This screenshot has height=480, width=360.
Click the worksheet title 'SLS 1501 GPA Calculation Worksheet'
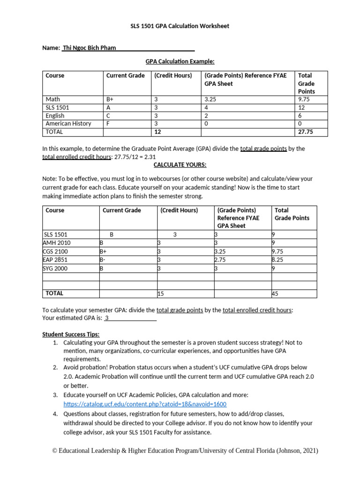click(180, 26)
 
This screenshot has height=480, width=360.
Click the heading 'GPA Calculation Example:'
click(180, 61)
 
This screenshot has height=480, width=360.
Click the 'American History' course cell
click(68, 124)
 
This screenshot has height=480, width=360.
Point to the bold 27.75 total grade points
click(305, 132)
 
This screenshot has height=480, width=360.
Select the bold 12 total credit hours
click(157, 132)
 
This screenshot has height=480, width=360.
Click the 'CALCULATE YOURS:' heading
click(180, 165)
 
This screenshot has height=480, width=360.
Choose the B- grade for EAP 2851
click(103, 260)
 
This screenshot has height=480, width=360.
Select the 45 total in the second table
click(275, 293)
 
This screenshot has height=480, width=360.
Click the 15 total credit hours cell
click(160, 293)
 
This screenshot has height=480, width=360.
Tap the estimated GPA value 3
click(107, 318)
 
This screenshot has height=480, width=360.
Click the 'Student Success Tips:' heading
click(71, 334)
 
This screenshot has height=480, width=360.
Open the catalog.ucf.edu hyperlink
click(145, 404)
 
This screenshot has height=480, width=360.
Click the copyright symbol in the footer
click(54, 451)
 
